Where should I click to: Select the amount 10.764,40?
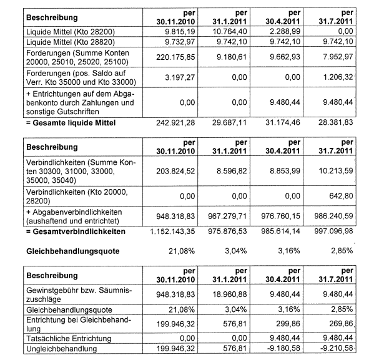(x=231, y=31)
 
